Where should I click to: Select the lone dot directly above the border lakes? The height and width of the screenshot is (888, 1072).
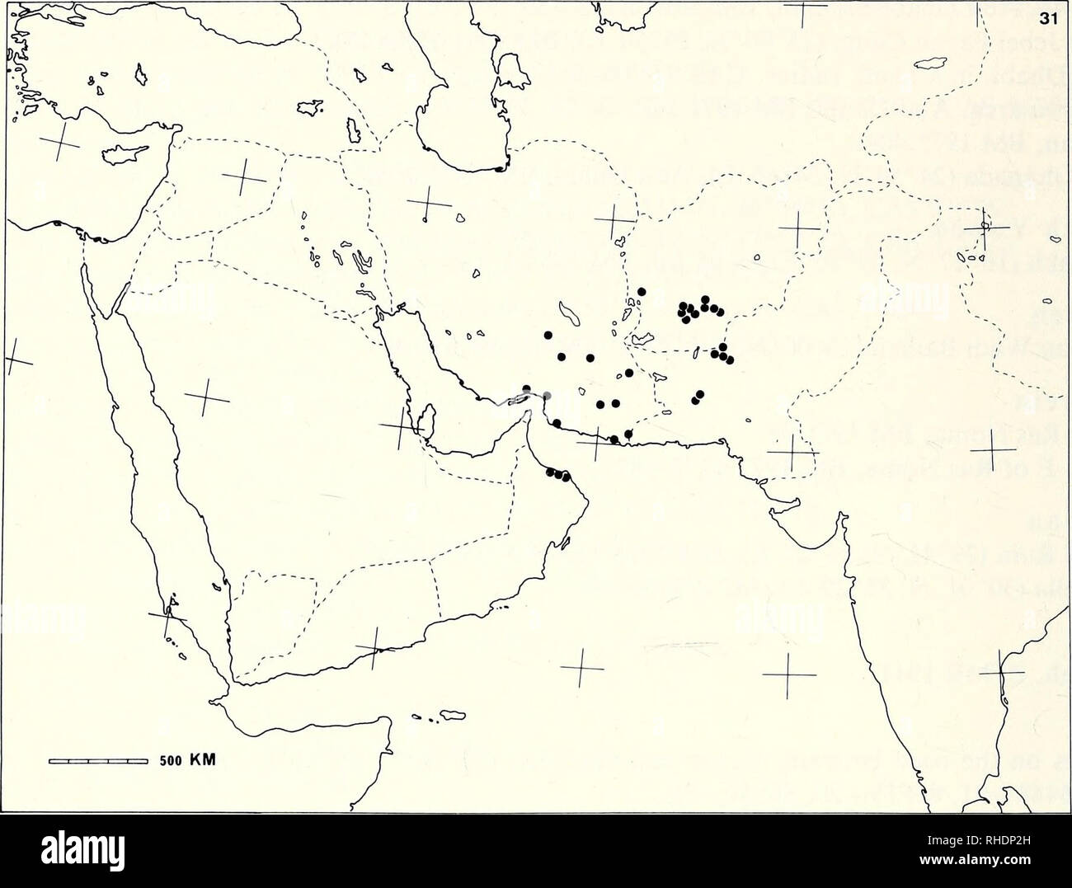tap(642, 292)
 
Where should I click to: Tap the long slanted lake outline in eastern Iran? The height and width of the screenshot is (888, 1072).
tap(568, 313)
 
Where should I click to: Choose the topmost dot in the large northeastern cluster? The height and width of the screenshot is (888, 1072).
tap(704, 299)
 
